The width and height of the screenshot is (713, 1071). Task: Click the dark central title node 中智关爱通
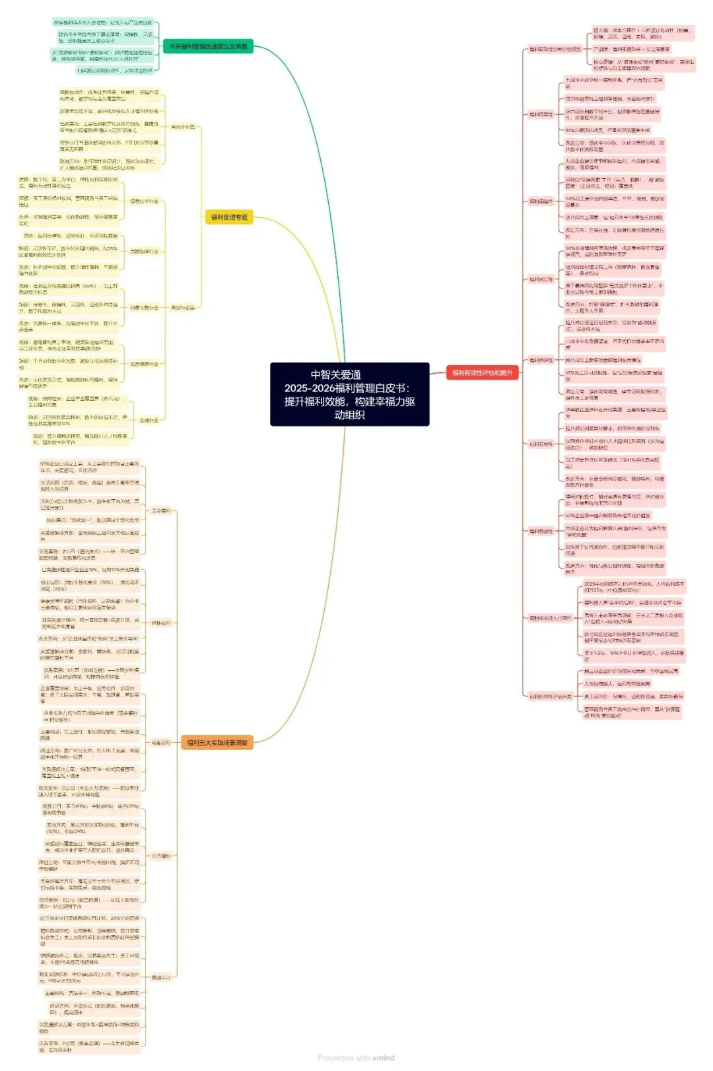[x=349, y=394]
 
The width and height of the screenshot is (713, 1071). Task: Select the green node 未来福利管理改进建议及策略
[x=208, y=46]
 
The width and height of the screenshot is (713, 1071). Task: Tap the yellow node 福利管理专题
[x=229, y=217]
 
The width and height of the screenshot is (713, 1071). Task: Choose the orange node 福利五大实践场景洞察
[x=217, y=743]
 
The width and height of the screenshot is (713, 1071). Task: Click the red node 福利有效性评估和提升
[x=482, y=373]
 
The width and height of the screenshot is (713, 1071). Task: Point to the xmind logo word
[x=384, y=1058]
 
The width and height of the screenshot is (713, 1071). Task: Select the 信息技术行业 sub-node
[x=144, y=201]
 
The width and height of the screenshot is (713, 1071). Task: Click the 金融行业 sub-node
[x=149, y=420]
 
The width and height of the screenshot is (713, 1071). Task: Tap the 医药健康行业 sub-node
[x=144, y=364]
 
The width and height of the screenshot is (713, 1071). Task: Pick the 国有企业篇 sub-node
[x=183, y=127]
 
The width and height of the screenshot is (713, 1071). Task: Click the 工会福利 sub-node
[x=160, y=510]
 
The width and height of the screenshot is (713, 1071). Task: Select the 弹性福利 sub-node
[x=160, y=623]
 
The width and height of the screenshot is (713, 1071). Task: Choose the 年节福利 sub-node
[x=160, y=856]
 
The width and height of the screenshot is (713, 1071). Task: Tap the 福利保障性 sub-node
[x=541, y=201]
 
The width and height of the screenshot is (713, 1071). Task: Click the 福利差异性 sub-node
[x=541, y=444]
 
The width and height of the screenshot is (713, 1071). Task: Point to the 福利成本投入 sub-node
[x=550, y=618]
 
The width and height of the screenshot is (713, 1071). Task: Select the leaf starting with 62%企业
[x=607, y=515]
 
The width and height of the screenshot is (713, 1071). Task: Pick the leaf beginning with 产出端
[x=631, y=49]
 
